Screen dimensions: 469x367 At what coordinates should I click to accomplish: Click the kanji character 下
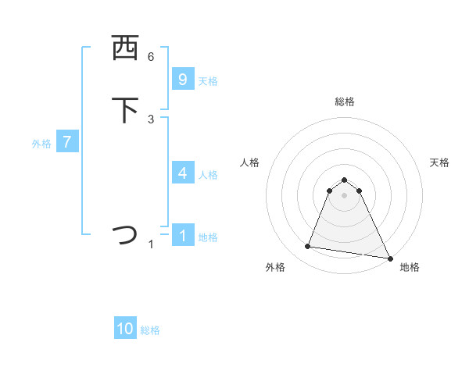click(125, 110)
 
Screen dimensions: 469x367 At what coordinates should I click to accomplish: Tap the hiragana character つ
click(125, 235)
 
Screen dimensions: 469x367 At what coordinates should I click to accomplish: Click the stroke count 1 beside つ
click(151, 244)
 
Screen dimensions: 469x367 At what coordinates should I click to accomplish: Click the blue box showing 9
click(183, 80)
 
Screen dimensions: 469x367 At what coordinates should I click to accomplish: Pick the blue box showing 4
click(183, 173)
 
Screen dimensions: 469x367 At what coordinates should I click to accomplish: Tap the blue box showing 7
click(67, 142)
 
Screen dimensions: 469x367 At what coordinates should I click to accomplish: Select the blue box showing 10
click(125, 329)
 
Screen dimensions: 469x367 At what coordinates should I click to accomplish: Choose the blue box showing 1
click(183, 236)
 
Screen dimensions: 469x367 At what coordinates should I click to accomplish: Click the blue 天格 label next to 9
click(208, 81)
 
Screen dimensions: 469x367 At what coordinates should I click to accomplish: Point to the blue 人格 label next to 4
click(208, 175)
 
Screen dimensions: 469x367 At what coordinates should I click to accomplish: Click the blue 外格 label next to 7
click(41, 144)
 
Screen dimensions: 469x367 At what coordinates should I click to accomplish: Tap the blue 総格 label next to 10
click(150, 330)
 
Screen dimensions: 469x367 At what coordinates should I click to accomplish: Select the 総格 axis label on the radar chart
click(345, 102)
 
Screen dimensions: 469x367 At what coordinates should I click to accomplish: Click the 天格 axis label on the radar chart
click(439, 162)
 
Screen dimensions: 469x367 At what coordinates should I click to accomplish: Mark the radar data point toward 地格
click(389, 258)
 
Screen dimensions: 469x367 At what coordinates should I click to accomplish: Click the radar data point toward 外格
click(308, 247)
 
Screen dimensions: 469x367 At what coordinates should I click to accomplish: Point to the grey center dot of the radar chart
click(344, 195)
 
